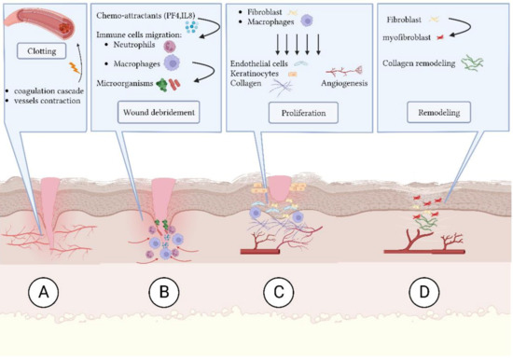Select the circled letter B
(x=164, y=293)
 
